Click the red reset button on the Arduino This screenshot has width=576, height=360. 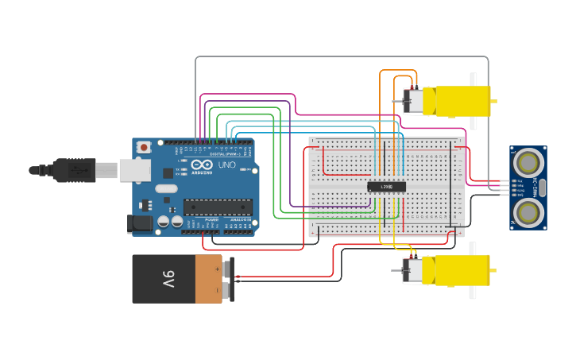point(144,147)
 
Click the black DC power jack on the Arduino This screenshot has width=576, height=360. point(141,224)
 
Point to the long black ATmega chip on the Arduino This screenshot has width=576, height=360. point(218,207)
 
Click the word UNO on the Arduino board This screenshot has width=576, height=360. point(226,165)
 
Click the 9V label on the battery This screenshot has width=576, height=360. point(168,279)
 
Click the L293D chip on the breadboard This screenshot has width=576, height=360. point(386,187)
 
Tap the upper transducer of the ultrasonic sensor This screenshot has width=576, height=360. point(527,162)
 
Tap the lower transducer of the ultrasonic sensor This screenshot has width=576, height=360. point(527,212)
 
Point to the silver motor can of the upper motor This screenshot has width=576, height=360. point(413,101)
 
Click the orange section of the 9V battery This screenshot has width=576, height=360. point(209,279)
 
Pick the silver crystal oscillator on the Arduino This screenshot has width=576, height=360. point(166,189)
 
